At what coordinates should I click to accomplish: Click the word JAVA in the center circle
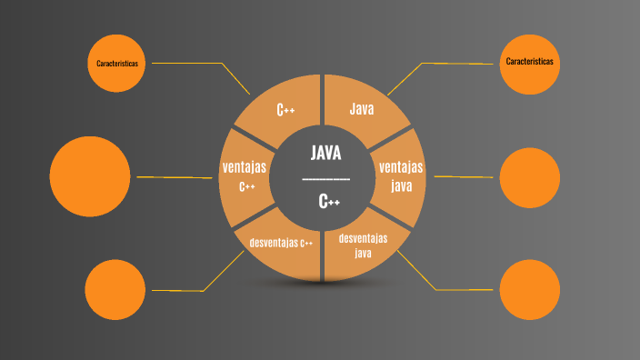(x=325, y=152)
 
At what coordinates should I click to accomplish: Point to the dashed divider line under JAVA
(x=325, y=178)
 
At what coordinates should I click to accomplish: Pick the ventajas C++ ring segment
(x=245, y=175)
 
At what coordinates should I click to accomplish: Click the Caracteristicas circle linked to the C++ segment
(x=116, y=63)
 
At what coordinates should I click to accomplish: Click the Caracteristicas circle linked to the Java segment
(x=529, y=63)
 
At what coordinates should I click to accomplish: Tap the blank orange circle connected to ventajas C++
(x=90, y=176)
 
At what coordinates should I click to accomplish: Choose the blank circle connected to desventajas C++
(x=115, y=289)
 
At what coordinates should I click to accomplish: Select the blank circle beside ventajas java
(x=529, y=176)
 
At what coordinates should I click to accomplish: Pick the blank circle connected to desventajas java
(x=529, y=289)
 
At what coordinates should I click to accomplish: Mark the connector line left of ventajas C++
(x=173, y=176)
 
